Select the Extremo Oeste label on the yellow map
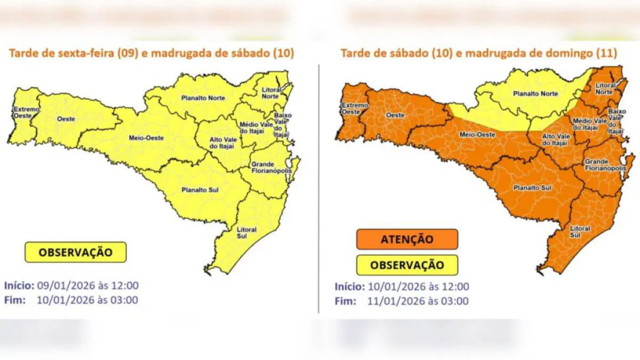coord(26,112)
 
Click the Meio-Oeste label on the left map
coord(143,137)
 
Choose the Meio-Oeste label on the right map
coord(474,133)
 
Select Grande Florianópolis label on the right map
coord(605,165)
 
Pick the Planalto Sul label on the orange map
coord(532,187)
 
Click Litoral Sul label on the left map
coord(246,233)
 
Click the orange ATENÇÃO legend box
coord(407,239)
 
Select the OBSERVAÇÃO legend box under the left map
coord(76,252)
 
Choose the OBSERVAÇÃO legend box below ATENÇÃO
coord(407,265)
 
